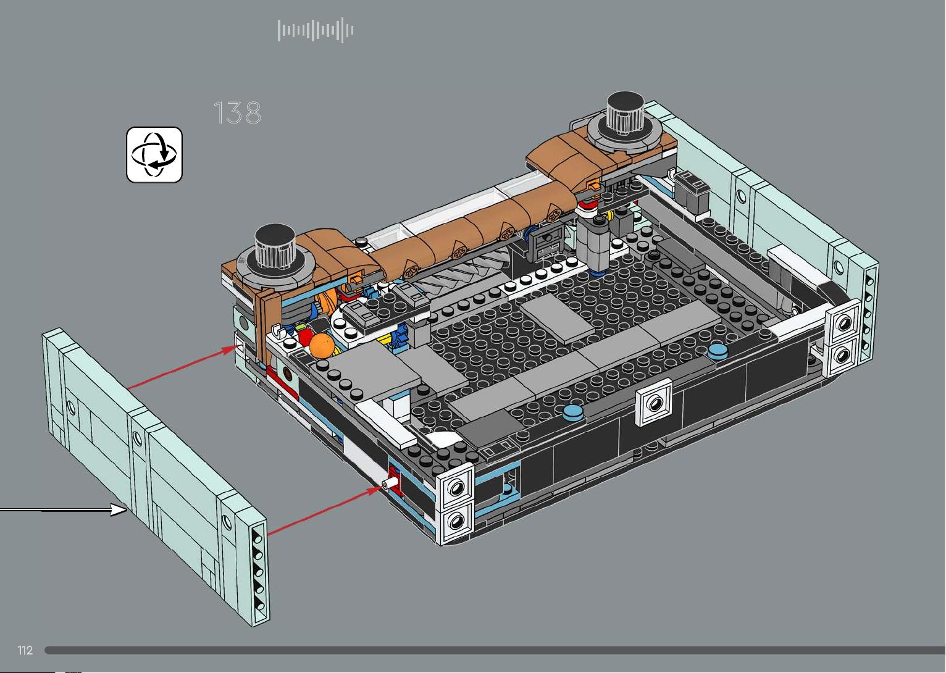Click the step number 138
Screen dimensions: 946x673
[x=237, y=113]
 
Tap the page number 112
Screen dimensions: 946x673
[x=25, y=650]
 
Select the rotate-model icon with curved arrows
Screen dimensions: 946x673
[x=154, y=154]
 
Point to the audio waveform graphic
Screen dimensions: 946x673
[x=315, y=30]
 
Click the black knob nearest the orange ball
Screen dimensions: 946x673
[x=275, y=247]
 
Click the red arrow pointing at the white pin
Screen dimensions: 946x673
[x=326, y=510]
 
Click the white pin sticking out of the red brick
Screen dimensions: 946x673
[x=390, y=483]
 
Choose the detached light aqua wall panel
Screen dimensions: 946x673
[x=156, y=477]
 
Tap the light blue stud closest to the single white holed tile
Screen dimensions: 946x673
[x=573, y=412]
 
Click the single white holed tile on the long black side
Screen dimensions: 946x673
[x=654, y=402]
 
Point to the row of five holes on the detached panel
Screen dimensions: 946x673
[x=259, y=572]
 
